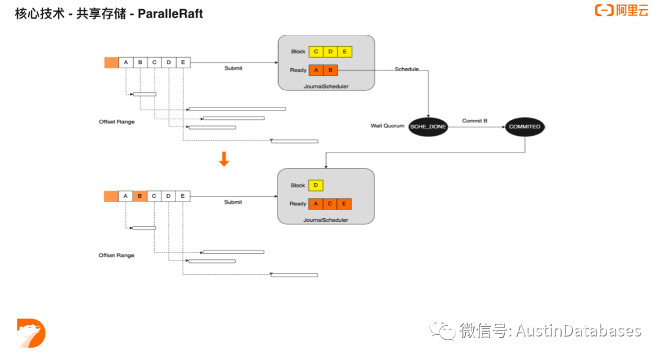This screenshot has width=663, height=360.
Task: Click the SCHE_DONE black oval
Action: click(x=428, y=127)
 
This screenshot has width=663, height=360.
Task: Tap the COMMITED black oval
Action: click(x=524, y=127)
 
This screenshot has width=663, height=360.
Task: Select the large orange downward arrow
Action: click(x=224, y=159)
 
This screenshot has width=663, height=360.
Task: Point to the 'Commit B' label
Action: click(x=475, y=120)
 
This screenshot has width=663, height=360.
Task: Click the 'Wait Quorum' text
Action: click(x=387, y=126)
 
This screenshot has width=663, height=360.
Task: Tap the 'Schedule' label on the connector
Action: click(x=407, y=69)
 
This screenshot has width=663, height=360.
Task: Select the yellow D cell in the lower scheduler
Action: click(x=316, y=185)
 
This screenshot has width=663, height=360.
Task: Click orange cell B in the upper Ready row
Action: click(x=330, y=70)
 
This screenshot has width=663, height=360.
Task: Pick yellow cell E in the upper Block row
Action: click(x=345, y=52)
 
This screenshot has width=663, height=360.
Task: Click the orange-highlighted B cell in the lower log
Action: click(x=140, y=196)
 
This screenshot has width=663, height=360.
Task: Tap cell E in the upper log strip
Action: click(x=183, y=62)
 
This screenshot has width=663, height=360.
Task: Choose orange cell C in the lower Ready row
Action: click(x=330, y=203)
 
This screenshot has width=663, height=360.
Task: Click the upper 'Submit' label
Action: click(x=233, y=68)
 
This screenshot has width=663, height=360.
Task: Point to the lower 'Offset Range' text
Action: click(x=117, y=255)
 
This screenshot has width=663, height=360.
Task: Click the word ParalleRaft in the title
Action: click(x=171, y=13)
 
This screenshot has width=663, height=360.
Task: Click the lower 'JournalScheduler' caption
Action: click(x=326, y=220)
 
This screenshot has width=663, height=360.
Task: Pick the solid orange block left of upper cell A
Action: click(x=111, y=62)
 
